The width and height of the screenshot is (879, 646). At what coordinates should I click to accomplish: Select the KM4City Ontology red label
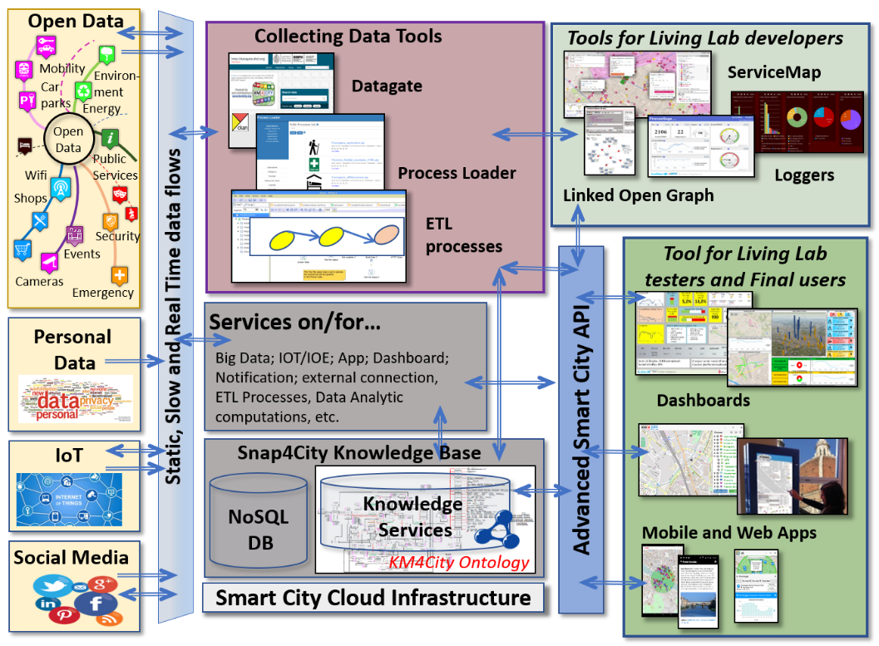459,563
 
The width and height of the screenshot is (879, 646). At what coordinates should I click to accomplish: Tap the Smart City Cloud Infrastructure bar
373,598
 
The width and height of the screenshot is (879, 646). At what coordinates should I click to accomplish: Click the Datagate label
387,86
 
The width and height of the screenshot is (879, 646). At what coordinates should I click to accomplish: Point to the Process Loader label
457,173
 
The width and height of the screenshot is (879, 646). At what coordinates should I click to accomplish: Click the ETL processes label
464,235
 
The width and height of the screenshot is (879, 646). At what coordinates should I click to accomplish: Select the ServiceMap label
773,72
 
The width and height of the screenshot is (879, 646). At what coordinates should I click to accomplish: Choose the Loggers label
804,175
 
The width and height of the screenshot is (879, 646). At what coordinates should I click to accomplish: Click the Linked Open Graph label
639,195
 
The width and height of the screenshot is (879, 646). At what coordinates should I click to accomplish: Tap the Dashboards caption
704,400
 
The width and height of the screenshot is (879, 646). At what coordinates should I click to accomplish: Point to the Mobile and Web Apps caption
729,533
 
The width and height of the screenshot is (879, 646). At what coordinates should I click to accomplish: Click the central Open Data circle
68,140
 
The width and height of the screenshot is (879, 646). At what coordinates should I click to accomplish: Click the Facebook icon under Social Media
96,604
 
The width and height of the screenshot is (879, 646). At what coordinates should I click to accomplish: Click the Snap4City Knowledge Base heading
359,453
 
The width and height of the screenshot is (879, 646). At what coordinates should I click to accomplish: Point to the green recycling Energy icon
84,91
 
